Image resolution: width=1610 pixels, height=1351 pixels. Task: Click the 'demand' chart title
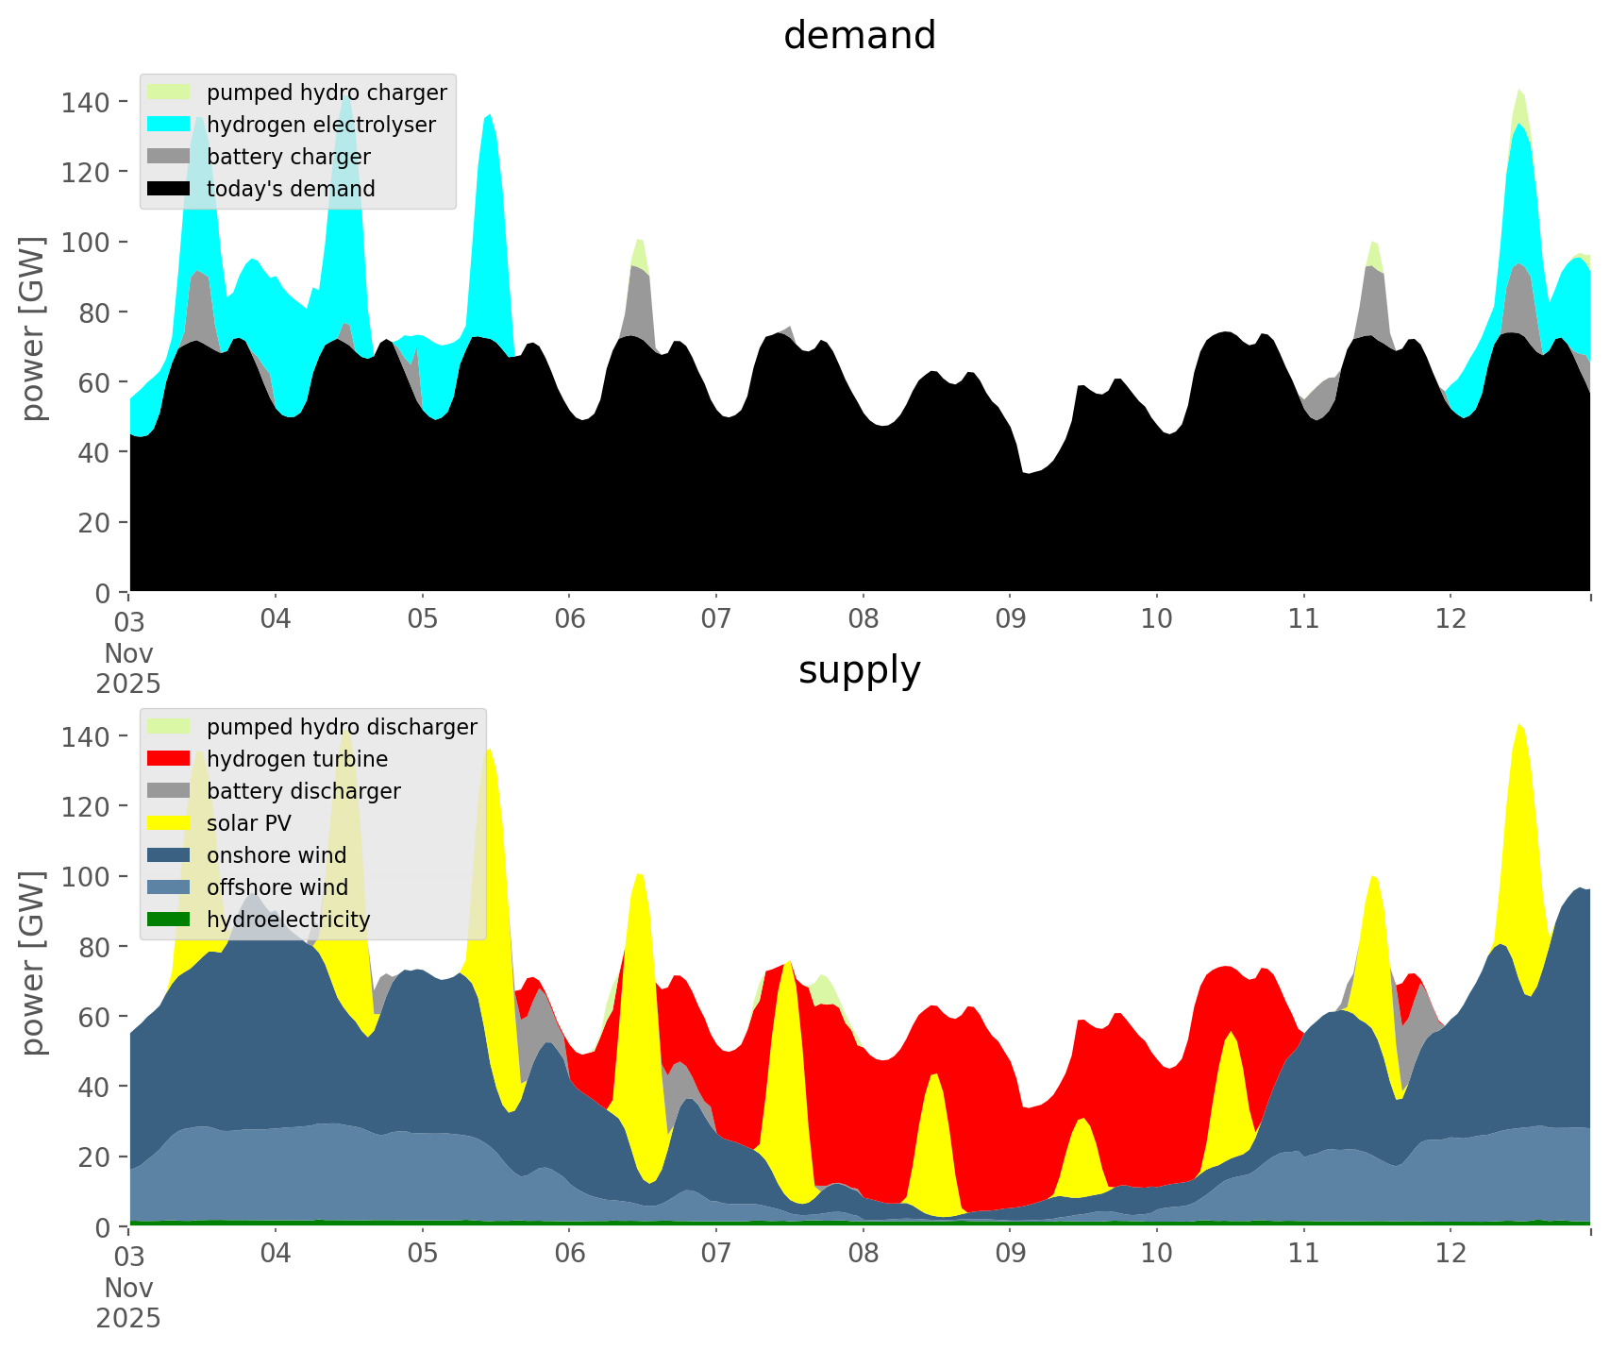point(859,36)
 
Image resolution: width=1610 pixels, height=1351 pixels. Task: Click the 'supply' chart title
point(859,670)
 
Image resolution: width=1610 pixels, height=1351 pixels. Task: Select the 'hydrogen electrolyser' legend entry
point(321,125)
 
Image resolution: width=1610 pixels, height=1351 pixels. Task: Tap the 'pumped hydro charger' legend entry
point(327,93)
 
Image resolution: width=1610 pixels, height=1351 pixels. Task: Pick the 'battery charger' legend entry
point(288,157)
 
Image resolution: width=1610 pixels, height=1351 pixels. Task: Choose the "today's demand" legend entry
point(291,189)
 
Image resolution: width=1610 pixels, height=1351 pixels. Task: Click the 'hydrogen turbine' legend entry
point(296,759)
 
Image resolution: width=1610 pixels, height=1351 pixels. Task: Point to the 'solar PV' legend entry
point(248,823)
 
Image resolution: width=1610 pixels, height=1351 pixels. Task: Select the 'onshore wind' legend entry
point(276,855)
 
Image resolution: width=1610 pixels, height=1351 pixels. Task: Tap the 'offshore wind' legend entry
point(277,887)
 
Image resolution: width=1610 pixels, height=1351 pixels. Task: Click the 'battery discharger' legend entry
point(303,791)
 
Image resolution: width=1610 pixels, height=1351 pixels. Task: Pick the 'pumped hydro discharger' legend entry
point(342,727)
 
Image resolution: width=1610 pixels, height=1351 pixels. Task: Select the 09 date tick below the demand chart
point(1010,619)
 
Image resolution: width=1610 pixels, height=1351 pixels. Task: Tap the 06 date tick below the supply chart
point(570,1254)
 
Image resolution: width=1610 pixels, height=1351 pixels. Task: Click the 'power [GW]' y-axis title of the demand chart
point(33,329)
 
